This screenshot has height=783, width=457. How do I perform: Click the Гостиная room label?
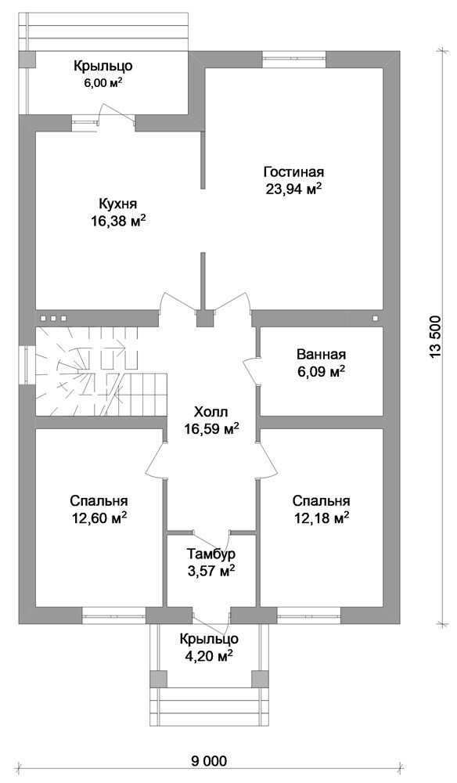[x=294, y=172]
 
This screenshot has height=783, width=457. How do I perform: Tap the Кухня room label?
[x=117, y=204]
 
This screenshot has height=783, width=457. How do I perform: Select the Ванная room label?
[x=322, y=355]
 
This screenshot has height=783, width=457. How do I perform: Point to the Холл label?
[x=211, y=413]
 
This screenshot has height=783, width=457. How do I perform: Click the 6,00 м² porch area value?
[x=103, y=84]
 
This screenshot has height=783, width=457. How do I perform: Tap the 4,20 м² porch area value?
[x=210, y=656]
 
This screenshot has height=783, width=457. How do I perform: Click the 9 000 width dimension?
[x=208, y=761]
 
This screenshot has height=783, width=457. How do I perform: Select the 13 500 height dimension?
[x=436, y=337]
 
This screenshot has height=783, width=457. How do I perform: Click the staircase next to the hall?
[x=100, y=371]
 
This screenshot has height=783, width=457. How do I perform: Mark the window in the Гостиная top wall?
[x=294, y=59]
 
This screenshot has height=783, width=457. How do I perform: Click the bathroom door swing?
[x=250, y=370]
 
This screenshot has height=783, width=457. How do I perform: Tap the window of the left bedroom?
[x=114, y=615]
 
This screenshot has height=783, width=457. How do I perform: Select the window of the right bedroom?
[x=309, y=615]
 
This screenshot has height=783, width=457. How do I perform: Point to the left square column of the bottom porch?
[x=159, y=678]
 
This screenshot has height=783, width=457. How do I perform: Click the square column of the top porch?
[x=27, y=60]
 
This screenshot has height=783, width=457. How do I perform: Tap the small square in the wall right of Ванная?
[x=375, y=318]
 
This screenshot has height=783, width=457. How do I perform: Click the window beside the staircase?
[x=26, y=366]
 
